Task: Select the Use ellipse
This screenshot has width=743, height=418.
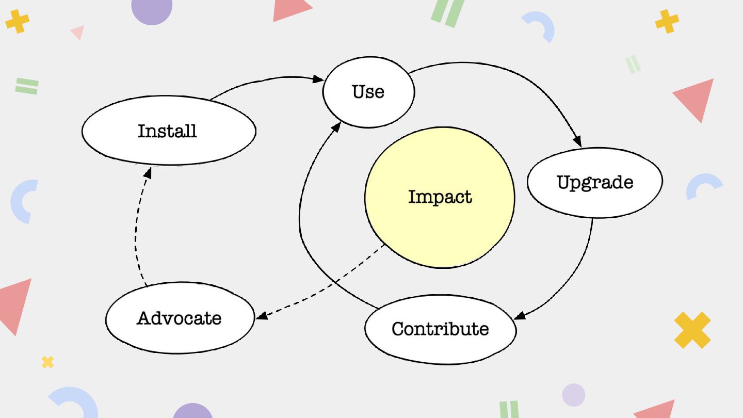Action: pos(368,92)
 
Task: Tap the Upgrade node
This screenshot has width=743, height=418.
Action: pos(594,182)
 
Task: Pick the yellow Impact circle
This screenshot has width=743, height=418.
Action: pos(440,197)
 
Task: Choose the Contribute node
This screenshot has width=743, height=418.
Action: pos(440,329)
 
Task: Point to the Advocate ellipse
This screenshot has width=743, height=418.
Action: pos(180,318)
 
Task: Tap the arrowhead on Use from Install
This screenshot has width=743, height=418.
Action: pos(318,79)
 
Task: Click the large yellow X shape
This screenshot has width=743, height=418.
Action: pos(692,330)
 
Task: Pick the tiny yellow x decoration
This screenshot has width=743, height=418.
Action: pos(47,362)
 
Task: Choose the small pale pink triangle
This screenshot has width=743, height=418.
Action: pos(78,32)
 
